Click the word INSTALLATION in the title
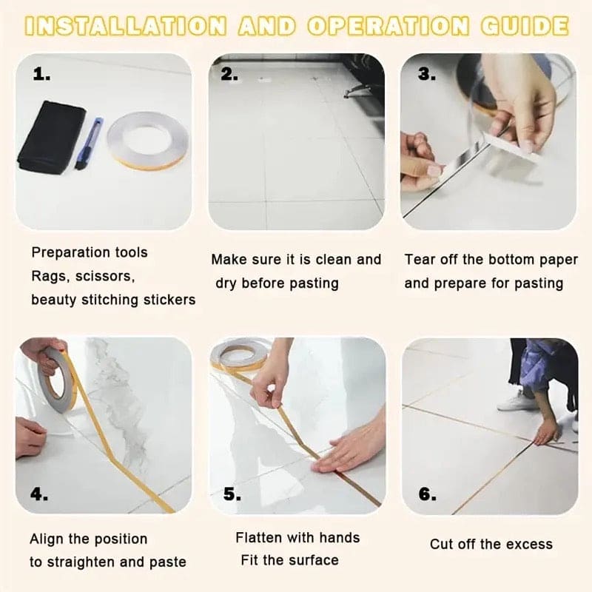[x=125, y=26]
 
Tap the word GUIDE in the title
[x=525, y=26]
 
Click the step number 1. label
[x=41, y=74]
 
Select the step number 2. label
[x=229, y=74]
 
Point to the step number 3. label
[x=427, y=74]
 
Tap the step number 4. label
[x=39, y=494]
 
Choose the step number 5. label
[x=232, y=494]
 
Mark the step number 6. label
[x=428, y=494]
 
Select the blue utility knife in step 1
[x=90, y=143]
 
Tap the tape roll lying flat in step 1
[x=147, y=141]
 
